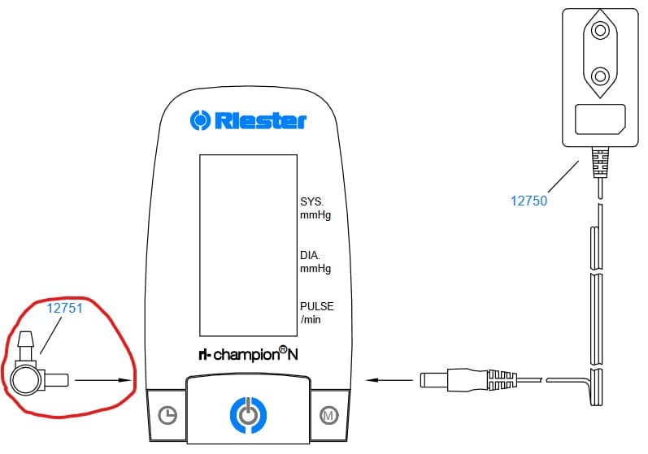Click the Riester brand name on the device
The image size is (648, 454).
coord(260,121)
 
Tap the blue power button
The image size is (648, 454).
coord(248,413)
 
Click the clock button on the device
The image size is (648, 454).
coord(167,415)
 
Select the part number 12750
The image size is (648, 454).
coord(528,201)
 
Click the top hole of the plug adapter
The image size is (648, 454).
coord(601,31)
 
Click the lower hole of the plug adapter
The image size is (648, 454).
coord(601,76)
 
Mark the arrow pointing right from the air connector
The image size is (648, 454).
coord(109,379)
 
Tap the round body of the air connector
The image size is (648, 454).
coord(28,379)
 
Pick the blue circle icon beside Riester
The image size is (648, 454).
coord(200,120)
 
